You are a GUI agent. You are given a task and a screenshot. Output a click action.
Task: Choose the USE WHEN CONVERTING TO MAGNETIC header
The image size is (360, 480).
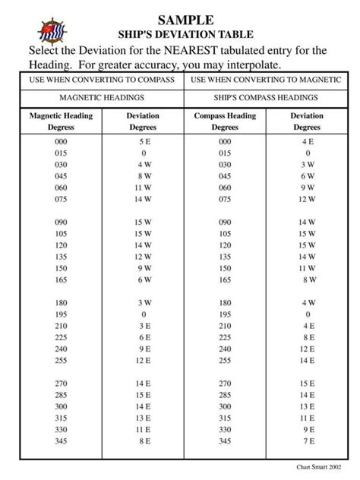(x=267, y=79)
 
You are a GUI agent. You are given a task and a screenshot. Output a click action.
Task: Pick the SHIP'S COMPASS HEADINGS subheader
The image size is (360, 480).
(x=267, y=98)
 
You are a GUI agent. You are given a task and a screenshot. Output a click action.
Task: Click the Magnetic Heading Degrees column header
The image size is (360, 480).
(x=61, y=122)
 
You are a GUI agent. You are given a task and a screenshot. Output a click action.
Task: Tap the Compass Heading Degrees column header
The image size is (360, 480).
(x=225, y=122)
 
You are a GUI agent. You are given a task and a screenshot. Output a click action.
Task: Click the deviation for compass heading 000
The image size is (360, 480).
(x=308, y=142)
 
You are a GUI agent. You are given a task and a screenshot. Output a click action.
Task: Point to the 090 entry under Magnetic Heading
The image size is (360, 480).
(x=61, y=222)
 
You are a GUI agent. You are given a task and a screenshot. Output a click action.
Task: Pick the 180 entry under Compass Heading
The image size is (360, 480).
(x=225, y=302)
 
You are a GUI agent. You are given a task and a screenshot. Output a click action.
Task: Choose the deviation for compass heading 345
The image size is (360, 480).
(x=308, y=440)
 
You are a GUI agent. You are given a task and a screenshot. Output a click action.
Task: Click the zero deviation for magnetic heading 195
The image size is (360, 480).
(x=144, y=314)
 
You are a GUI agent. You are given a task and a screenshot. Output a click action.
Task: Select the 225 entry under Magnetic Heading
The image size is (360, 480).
(x=61, y=336)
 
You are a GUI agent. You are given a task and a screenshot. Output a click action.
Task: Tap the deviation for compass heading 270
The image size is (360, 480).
(x=308, y=384)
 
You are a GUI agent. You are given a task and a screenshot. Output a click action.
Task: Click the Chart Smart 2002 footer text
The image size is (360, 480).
(x=319, y=466)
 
